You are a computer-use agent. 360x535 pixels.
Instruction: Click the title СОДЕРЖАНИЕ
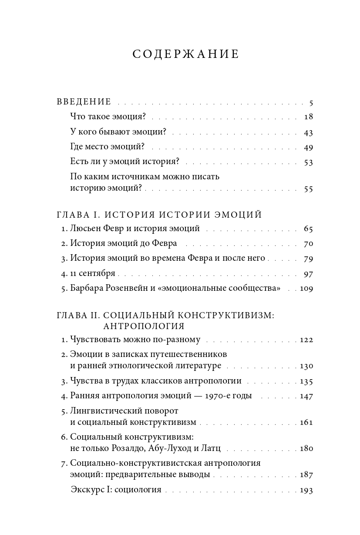pos(185,54)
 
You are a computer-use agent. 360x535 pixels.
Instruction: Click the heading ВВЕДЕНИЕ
pos(84,102)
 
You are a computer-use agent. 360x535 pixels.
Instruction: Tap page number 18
pos(308,117)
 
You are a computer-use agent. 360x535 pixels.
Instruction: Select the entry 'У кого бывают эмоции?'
pos(118,132)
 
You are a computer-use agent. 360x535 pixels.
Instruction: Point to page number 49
pos(308,147)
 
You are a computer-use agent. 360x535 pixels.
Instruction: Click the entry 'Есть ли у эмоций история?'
pos(125,162)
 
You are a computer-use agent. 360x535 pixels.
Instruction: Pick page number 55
pos(308,189)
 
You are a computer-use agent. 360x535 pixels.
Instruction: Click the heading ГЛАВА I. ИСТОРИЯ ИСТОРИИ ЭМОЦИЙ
pos(159,215)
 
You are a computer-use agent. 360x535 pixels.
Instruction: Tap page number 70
pos(308,243)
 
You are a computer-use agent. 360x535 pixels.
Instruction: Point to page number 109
pos(306,288)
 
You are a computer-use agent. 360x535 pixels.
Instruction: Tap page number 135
pos(306,381)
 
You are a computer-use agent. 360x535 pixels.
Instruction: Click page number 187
pos(306,474)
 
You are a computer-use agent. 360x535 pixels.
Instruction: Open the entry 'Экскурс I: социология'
pos(116,490)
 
